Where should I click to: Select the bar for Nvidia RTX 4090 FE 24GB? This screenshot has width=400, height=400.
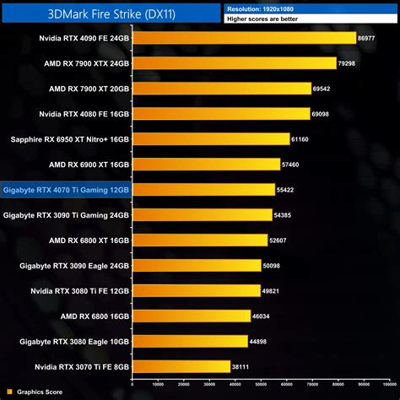pos(245,38)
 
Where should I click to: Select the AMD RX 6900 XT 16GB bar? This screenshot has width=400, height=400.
pos(207,165)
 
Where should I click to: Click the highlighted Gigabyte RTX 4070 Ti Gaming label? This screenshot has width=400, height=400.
pos(66,190)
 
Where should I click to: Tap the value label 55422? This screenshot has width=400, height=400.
pos(287,190)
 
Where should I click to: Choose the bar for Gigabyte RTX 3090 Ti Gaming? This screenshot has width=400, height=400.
pos(203,215)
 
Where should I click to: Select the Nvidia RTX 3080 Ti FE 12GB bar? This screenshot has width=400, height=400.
pos(197,291)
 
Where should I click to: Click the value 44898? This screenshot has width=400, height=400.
pos(260,342)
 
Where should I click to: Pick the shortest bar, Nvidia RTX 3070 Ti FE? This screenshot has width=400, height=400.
pos(181,366)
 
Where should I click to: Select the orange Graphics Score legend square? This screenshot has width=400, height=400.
pos(9,392)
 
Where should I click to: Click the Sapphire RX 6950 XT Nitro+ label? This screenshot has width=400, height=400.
pos(70,139)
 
